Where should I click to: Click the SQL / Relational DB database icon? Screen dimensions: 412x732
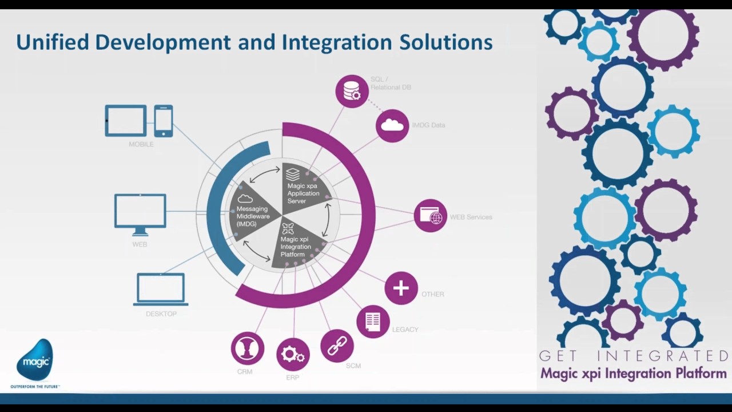pos(352,91)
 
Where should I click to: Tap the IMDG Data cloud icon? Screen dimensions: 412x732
pos(392,125)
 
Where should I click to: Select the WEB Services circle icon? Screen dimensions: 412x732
pos(431,216)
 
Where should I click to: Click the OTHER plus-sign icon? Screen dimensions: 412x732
pos(401,288)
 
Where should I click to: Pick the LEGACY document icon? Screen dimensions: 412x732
pos(373,322)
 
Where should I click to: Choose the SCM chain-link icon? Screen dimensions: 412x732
pos(337,346)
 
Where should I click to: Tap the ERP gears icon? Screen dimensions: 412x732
pos(293,355)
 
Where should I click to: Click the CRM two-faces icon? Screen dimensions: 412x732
pos(248,348)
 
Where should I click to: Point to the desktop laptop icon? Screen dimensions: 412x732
pos(160,290)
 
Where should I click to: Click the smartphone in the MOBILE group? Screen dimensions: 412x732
pos(164,121)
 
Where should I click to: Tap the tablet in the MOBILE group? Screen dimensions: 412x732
pos(126,121)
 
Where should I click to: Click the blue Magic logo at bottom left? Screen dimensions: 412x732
pos(35,360)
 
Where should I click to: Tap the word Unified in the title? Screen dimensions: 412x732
pos(51,42)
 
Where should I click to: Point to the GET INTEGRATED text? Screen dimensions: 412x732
pos(633,356)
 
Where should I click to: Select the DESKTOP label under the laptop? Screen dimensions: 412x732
pos(161,314)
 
